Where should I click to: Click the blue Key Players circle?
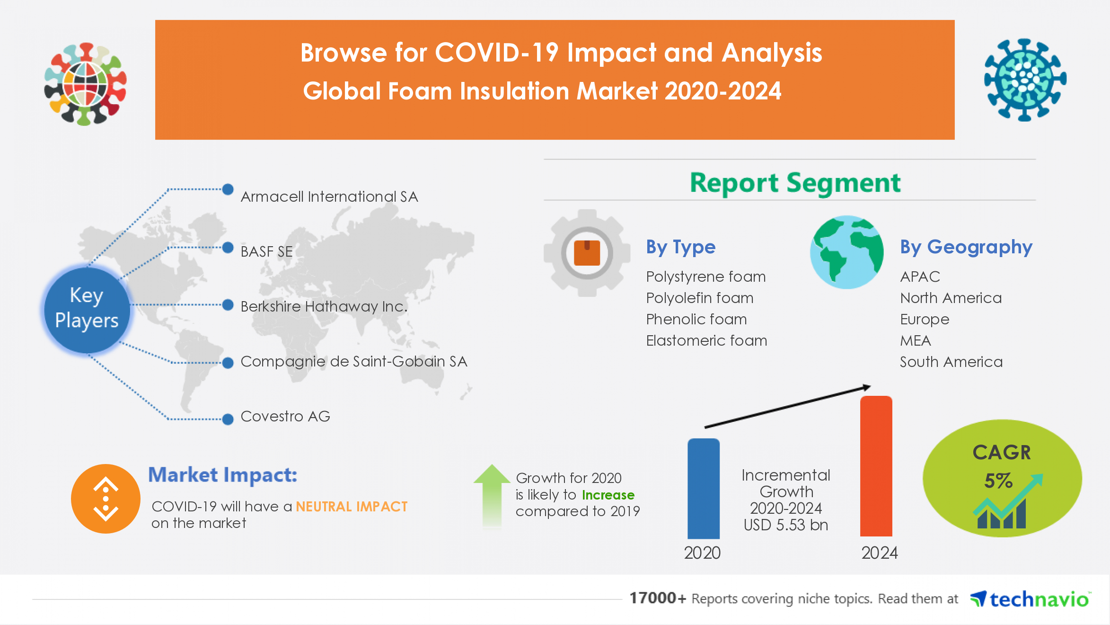tap(87, 309)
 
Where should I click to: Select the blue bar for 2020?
tap(703, 489)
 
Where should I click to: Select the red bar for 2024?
tap(876, 466)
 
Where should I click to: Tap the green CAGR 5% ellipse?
tap(1002, 478)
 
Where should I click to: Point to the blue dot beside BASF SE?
tap(228, 248)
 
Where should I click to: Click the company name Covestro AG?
tap(285, 417)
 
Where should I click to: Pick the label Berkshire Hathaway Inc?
tap(324, 307)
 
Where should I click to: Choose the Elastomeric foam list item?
tap(706, 341)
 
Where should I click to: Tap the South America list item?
tap(951, 362)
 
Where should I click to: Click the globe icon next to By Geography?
tap(846, 252)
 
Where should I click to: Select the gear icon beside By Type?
tap(587, 253)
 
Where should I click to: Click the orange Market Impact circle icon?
tap(106, 499)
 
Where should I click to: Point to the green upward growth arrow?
tap(492, 495)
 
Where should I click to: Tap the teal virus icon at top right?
tap(1025, 80)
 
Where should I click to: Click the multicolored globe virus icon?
tap(86, 84)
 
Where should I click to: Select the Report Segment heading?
tap(795, 183)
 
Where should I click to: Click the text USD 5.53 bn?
tap(785, 525)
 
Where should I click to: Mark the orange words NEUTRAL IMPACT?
tap(352, 507)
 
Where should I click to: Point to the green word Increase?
tap(608, 495)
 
